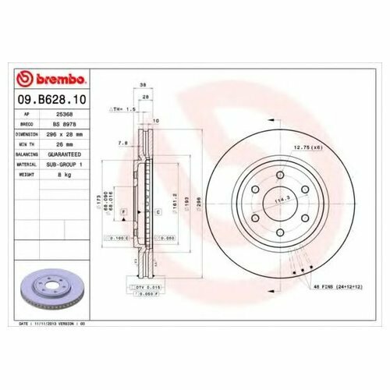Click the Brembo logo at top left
point(53,80)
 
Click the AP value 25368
point(76,113)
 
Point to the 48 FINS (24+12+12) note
point(338,287)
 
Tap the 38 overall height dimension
point(143,87)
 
